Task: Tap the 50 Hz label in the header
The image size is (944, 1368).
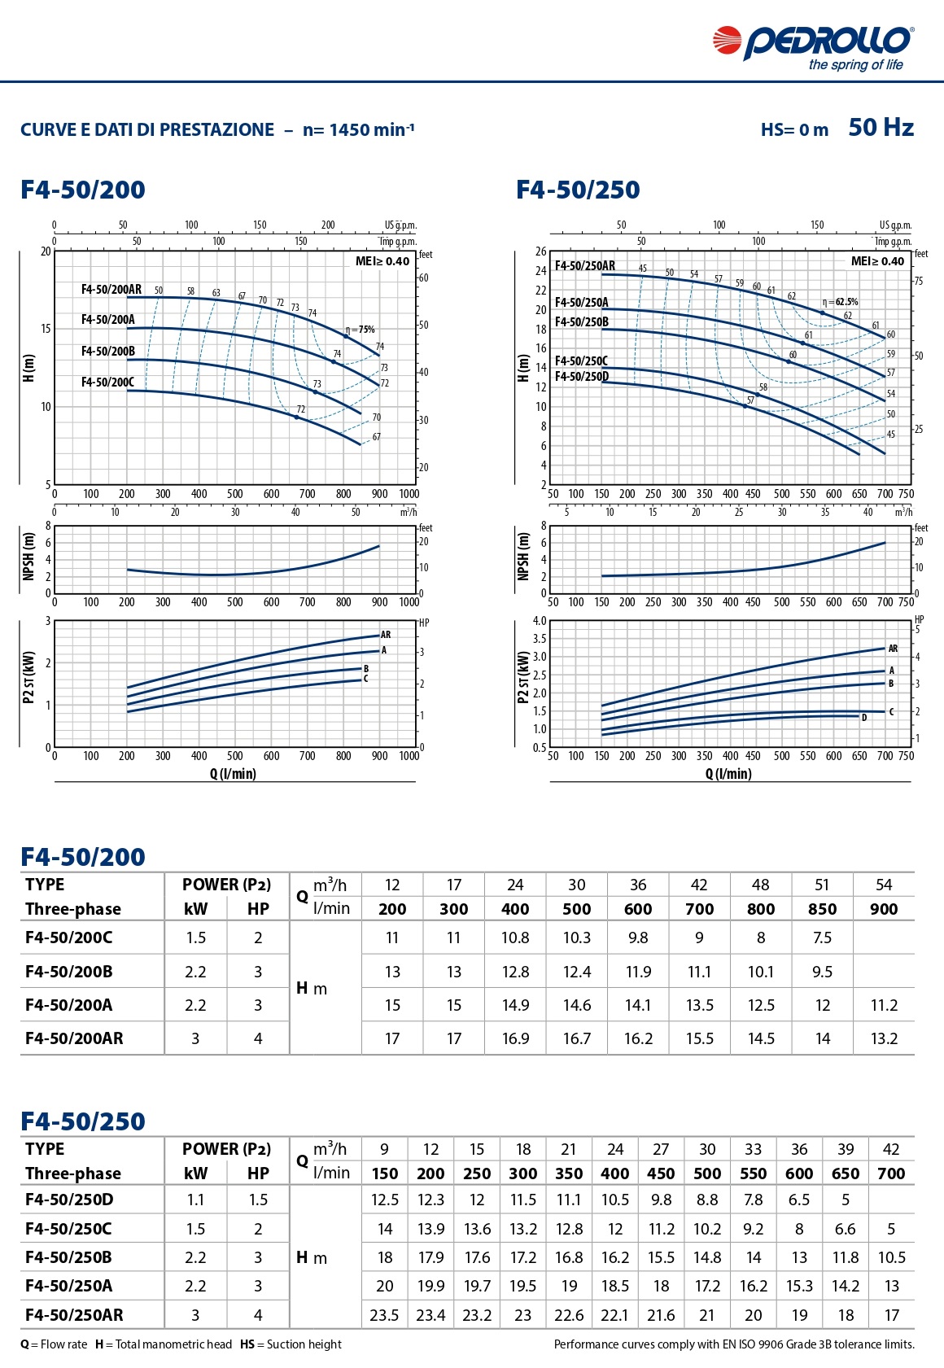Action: click(x=881, y=128)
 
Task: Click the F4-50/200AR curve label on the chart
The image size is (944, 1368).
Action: click(x=111, y=290)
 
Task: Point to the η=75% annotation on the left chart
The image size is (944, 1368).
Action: click(x=360, y=330)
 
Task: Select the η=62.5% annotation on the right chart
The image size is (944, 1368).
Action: click(x=840, y=302)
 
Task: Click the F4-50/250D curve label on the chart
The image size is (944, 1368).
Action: click(x=581, y=377)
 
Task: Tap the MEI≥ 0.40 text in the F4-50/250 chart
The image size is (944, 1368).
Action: click(x=877, y=261)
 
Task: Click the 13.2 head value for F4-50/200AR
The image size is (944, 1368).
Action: click(x=884, y=1038)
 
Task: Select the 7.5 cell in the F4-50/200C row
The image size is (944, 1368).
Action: click(x=822, y=937)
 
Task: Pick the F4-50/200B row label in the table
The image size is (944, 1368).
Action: click(x=69, y=972)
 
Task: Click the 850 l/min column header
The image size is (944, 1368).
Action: click(x=822, y=909)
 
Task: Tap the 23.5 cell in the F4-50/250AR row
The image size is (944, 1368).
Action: click(x=384, y=1315)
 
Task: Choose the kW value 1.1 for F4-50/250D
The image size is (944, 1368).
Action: click(x=195, y=1200)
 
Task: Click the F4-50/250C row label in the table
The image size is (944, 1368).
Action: click(x=68, y=1229)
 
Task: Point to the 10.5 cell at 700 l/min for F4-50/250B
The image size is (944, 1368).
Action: click(x=891, y=1257)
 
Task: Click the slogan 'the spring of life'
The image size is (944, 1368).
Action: click(x=855, y=65)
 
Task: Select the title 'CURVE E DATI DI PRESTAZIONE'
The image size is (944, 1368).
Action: click(x=147, y=130)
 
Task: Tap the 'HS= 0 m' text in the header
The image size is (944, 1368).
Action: click(x=794, y=130)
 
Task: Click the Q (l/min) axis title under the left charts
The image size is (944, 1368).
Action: click(x=233, y=774)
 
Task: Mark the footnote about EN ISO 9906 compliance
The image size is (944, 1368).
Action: click(x=734, y=1344)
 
